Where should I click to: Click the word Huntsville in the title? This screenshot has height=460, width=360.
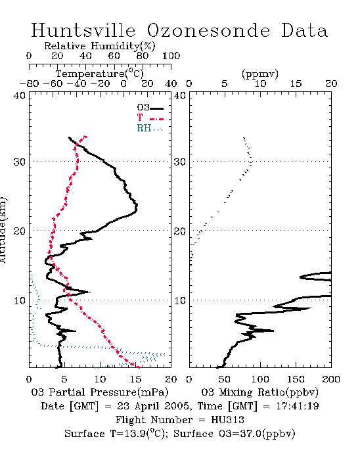pos(83,30)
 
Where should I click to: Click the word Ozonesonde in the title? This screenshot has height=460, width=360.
pos(208,30)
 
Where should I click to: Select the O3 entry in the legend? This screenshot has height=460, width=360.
pos(150,108)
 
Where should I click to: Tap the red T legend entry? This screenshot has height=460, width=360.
pos(150,118)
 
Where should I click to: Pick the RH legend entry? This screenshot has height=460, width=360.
pos(150,128)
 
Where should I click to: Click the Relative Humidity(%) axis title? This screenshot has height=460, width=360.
pos(100,47)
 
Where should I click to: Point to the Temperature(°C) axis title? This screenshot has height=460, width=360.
pos(100,74)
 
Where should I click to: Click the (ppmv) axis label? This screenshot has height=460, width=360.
pos(259,74)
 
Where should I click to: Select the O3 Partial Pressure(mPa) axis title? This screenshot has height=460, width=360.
pos(100,392)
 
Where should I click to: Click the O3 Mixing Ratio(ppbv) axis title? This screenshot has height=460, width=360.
pos(259,392)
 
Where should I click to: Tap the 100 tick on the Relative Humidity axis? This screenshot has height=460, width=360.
pos(171,56)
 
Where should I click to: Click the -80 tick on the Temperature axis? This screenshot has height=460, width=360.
pos(29,83)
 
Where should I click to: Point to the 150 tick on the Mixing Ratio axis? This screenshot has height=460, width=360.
pos(296,379)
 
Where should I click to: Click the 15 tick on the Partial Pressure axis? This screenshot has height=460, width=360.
pos(135,379)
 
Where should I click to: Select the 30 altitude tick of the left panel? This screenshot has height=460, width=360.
pos(19,162)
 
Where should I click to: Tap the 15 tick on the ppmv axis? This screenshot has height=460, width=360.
pos(296,83)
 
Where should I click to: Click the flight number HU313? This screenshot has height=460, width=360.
pos(227,420)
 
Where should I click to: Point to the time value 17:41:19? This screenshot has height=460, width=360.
pos(298,406)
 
